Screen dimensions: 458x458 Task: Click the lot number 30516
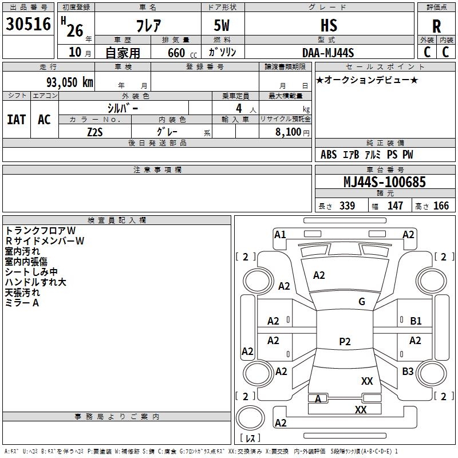(28, 24)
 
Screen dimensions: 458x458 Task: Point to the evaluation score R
(436, 26)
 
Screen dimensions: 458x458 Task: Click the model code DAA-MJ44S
(328, 53)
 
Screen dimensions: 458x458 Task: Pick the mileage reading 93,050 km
(69, 82)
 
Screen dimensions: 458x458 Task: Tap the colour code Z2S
(95, 131)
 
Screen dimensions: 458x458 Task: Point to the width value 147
(395, 206)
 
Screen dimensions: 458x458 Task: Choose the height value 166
(441, 206)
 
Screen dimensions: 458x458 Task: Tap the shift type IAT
(16, 120)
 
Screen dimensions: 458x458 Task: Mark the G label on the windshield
(361, 302)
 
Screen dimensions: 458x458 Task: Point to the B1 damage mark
(416, 321)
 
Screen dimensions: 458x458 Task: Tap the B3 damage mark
(408, 372)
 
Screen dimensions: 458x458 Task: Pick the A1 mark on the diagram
(280, 234)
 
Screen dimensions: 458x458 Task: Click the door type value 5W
(222, 26)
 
